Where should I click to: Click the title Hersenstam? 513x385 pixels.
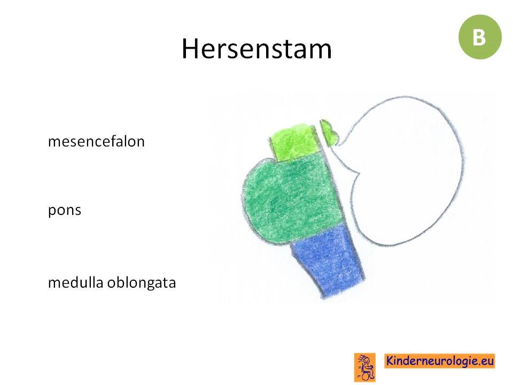click(256, 49)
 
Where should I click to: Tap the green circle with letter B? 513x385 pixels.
click(480, 37)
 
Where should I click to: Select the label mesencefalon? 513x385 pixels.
click(96, 141)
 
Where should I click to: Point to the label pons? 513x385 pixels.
click(65, 211)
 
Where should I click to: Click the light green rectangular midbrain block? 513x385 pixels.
click(295, 142)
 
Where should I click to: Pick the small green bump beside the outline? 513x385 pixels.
click(328, 133)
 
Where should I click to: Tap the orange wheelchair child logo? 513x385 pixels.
click(365, 367)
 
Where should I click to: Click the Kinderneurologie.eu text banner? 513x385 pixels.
click(439, 361)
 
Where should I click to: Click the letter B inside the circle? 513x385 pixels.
click(479, 37)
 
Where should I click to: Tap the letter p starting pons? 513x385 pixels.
click(52, 212)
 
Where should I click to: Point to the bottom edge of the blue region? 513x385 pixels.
click(344, 289)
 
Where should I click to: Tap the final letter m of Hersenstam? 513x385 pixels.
click(322, 52)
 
